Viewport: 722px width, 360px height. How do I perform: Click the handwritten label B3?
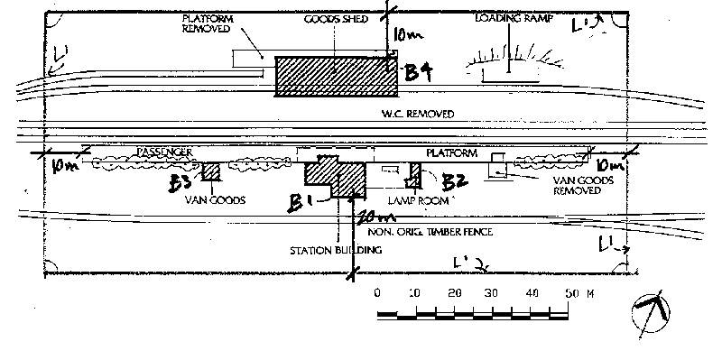point(181,183)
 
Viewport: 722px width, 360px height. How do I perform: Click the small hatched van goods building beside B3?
point(212,172)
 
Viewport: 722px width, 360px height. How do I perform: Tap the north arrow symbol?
point(653,312)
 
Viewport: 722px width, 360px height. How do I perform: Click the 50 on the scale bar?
point(573,294)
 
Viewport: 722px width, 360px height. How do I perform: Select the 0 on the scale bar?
point(377,294)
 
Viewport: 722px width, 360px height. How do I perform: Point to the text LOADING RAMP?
point(508,17)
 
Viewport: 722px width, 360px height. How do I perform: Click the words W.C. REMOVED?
point(416,115)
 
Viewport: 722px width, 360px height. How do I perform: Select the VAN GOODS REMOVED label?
point(577,185)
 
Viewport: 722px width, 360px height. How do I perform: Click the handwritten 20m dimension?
point(374,218)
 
